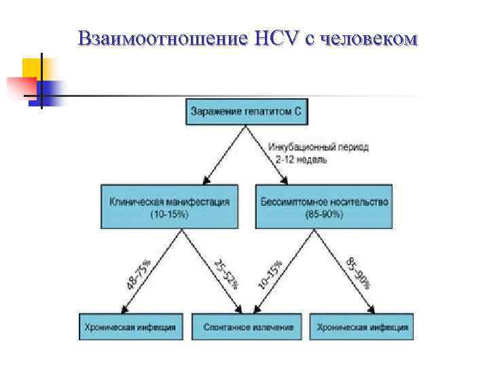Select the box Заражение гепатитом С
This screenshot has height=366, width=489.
[x=245, y=112]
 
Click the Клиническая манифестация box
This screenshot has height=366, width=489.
[x=169, y=206]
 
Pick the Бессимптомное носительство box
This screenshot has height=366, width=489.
[x=325, y=206]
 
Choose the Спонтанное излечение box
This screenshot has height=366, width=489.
[x=249, y=327]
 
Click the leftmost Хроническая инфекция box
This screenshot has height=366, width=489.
[x=130, y=327]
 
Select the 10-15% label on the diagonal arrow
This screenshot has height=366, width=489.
[x=270, y=273]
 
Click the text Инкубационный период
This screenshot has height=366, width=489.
[x=319, y=147]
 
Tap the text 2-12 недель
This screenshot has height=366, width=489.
[x=302, y=159]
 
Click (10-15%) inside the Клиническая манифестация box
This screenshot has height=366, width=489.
[x=169, y=214]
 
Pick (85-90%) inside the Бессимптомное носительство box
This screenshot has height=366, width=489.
[x=325, y=214]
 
